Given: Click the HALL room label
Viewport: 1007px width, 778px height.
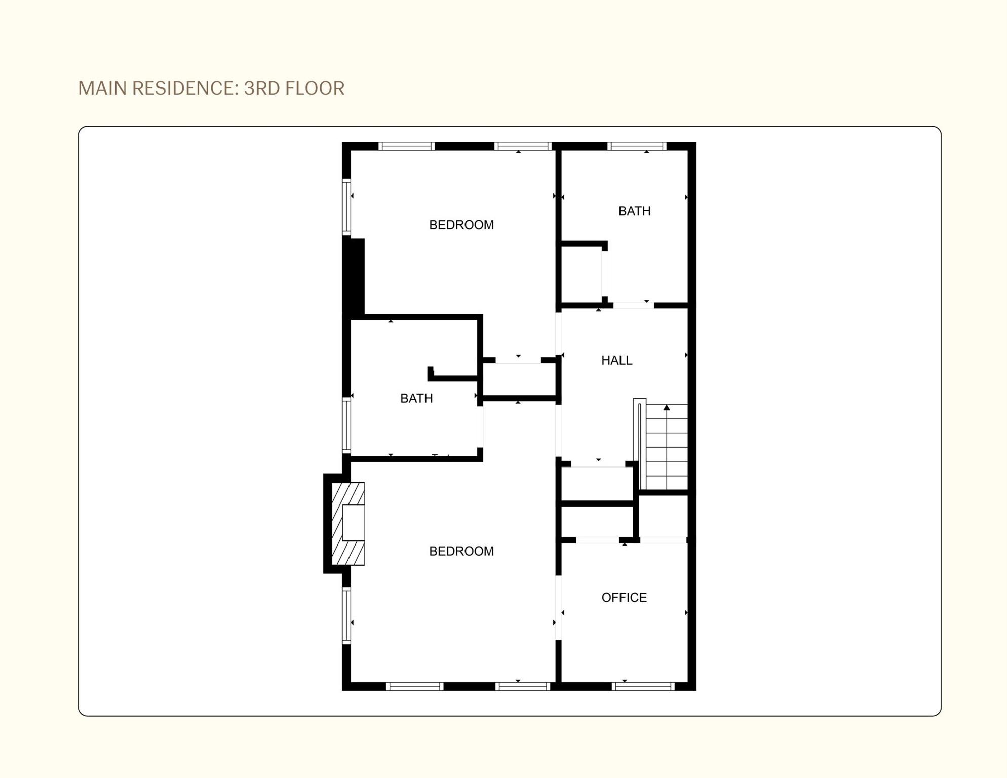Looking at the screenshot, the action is tap(616, 360).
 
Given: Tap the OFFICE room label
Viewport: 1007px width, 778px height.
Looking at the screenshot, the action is tap(624, 598).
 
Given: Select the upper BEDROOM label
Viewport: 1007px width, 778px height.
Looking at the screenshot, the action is tap(461, 225).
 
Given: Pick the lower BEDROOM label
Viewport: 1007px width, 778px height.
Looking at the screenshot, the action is tap(461, 551).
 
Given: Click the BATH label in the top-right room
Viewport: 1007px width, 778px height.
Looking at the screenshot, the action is tap(634, 211).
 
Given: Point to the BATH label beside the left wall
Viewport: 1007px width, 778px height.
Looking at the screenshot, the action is tap(416, 398).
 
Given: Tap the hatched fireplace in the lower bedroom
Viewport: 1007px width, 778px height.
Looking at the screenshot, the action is tap(348, 524).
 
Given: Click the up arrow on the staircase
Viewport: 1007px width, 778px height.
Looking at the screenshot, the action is tap(667, 407).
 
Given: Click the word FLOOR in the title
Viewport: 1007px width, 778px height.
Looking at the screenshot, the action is tap(315, 88).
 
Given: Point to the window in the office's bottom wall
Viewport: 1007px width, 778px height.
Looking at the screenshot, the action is tap(643, 686).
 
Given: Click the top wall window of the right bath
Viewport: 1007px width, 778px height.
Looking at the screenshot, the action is tap(637, 146).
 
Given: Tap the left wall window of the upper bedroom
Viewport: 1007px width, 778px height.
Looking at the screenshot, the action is tap(346, 207).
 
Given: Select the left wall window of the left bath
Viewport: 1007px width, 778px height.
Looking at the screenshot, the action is tap(346, 425).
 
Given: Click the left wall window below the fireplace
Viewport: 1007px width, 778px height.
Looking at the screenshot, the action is tap(346, 615).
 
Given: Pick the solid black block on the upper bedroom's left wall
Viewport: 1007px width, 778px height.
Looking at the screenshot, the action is tap(354, 277).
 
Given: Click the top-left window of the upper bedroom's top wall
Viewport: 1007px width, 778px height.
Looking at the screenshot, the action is tap(407, 146).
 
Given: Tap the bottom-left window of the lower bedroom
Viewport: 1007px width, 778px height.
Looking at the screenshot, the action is tap(415, 686).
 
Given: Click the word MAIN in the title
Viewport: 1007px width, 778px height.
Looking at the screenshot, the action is tap(102, 88).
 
